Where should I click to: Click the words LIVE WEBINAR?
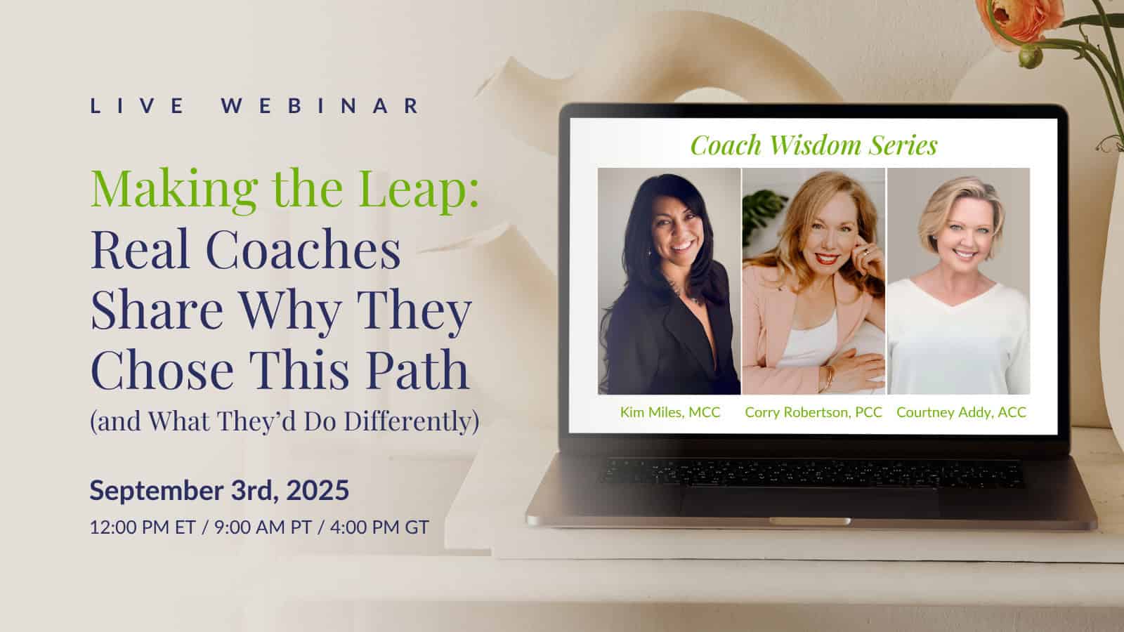tap(255, 106)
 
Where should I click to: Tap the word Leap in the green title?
tap(419, 188)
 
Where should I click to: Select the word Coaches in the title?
tap(303, 249)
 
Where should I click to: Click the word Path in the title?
tap(417, 369)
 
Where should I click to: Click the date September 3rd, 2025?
tap(219, 489)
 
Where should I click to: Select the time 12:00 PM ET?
tap(143, 527)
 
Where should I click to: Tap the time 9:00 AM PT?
tap(263, 527)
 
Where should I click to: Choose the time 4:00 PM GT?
tap(379, 527)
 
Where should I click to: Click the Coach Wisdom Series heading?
tap(814, 145)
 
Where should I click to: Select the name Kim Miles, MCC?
tap(670, 412)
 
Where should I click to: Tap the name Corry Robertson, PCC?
tap(813, 412)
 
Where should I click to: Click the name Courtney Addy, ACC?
tap(962, 412)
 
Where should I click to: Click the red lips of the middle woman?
tap(826, 259)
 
